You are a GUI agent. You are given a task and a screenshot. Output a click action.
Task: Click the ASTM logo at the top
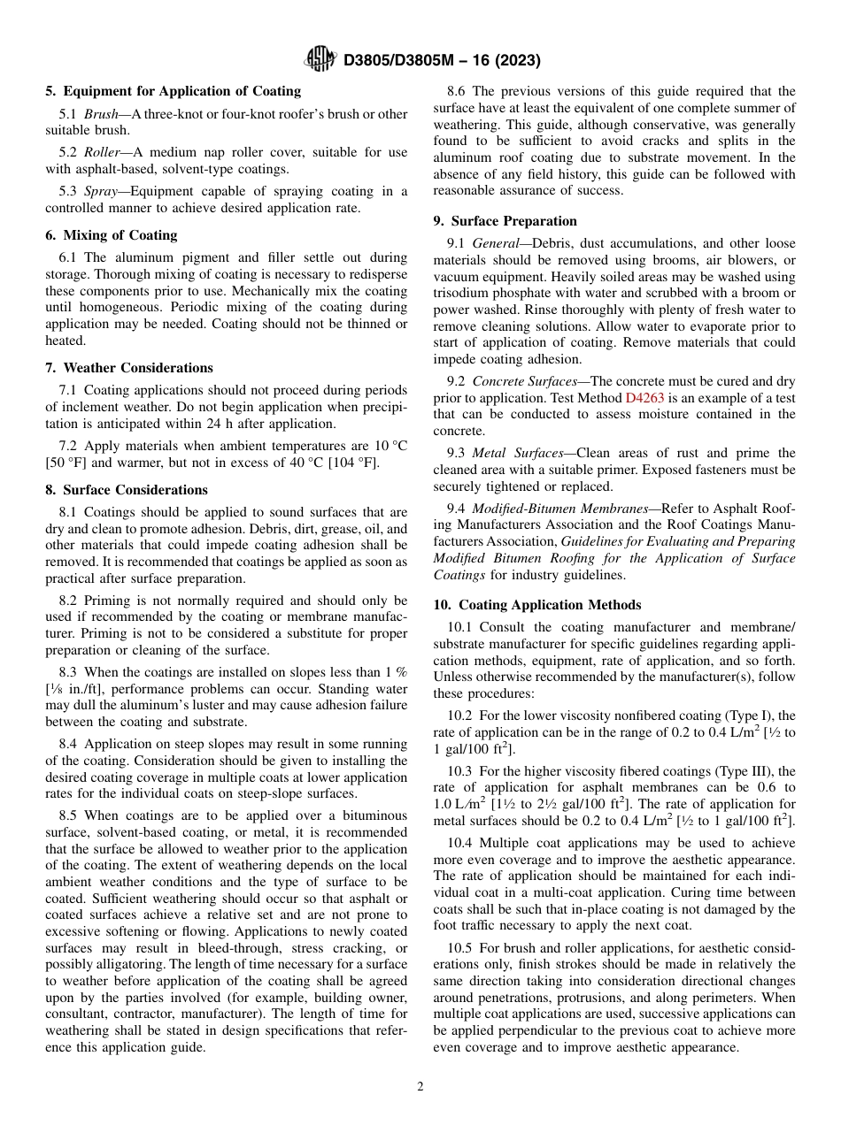coord(320,59)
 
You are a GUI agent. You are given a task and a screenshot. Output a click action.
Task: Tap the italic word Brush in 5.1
coord(102,114)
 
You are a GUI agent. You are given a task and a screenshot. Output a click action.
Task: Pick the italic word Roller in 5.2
coord(104,152)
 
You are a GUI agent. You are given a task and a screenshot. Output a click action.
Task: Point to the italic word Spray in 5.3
coord(102,191)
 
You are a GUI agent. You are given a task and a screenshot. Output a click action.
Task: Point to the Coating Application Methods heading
coord(546,605)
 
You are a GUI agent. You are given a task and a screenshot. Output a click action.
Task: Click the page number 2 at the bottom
coord(420,1087)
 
